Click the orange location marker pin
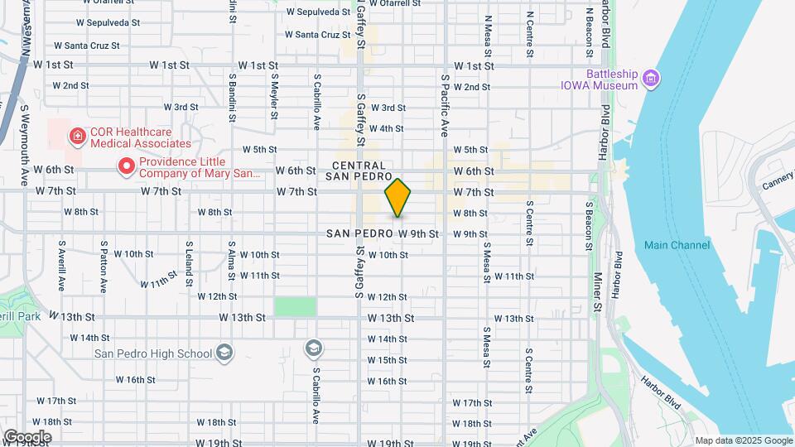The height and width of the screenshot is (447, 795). (397, 198)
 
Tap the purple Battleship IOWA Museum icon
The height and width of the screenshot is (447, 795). (653, 79)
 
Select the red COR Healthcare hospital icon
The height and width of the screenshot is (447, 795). (77, 135)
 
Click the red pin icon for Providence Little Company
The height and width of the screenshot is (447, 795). (127, 166)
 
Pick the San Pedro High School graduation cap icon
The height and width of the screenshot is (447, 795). (224, 353)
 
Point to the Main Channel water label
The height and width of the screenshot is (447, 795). (677, 245)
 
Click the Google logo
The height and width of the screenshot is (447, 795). (27, 436)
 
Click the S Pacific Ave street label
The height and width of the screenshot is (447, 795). (445, 105)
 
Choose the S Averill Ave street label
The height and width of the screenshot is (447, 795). (61, 266)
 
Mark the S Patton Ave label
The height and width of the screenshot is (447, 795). (104, 267)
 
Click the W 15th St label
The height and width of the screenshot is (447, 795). (387, 360)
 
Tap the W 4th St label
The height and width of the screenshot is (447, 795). (387, 128)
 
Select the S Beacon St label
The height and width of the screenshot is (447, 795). (589, 225)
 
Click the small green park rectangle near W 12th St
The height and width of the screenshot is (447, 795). (296, 306)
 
